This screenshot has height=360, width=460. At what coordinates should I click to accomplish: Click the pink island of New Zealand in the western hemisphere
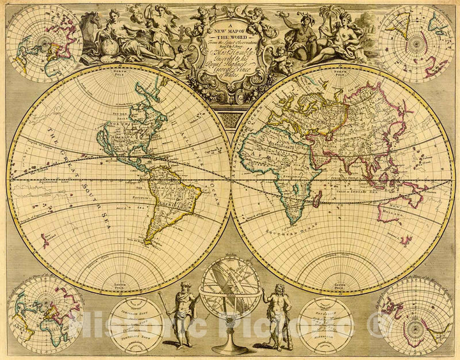[x=45, y=240]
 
